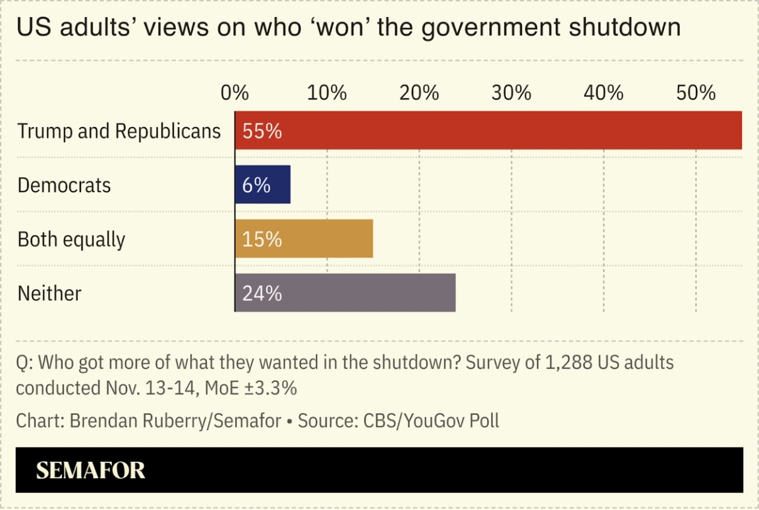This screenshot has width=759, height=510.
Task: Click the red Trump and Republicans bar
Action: click(488, 130)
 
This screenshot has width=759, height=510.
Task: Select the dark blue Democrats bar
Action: click(263, 185)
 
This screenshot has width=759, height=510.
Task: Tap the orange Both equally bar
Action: click(304, 239)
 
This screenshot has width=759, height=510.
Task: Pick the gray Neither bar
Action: click(345, 293)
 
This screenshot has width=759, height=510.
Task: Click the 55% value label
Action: click(262, 131)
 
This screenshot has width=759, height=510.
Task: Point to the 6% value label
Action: click(256, 185)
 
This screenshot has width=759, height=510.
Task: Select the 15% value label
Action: click(262, 239)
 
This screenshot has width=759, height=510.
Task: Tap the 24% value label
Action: click(262, 293)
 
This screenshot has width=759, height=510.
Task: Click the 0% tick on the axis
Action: click(235, 93)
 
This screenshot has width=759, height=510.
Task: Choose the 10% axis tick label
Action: click(327, 93)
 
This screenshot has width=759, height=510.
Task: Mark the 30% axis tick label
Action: click(511, 93)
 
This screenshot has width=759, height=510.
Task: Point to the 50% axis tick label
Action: click(696, 93)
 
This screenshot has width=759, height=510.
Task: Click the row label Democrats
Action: click(64, 185)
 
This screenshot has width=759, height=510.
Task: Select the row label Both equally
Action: click(71, 239)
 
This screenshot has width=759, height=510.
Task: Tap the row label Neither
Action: click(49, 293)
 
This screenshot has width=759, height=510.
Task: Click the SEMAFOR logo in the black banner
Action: click(90, 470)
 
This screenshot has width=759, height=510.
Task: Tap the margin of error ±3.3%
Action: click(270, 388)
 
